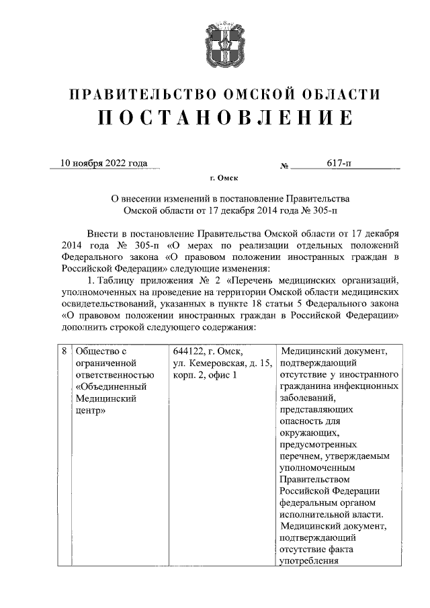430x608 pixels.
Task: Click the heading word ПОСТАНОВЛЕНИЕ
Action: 224,118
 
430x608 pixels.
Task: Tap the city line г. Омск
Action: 224,178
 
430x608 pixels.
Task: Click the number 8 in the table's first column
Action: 63,351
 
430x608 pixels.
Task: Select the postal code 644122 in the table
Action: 189,351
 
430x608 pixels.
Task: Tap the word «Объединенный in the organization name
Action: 110,388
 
